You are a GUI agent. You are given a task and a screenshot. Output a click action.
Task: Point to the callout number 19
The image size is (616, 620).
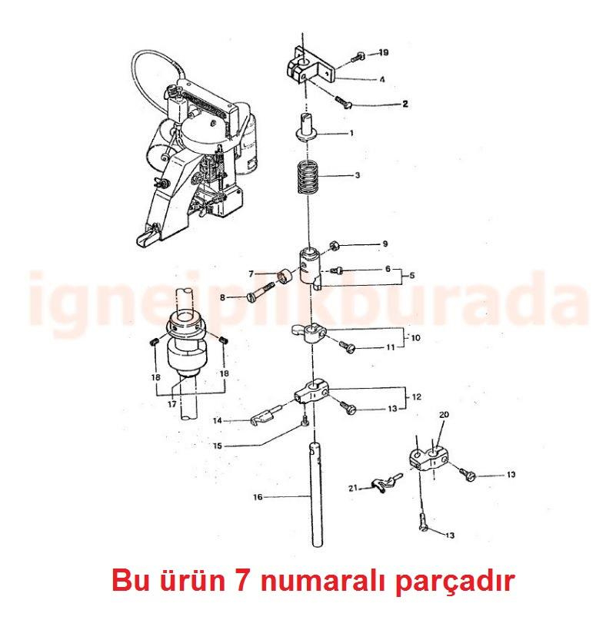click(x=383, y=53)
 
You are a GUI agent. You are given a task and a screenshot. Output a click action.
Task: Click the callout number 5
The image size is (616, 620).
click(x=411, y=275)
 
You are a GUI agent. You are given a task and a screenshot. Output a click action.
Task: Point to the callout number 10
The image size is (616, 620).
click(x=415, y=337)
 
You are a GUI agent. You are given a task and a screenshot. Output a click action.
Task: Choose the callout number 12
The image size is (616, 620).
click(x=416, y=397)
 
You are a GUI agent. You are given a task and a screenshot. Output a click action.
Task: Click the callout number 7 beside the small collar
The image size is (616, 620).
click(x=251, y=274)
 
